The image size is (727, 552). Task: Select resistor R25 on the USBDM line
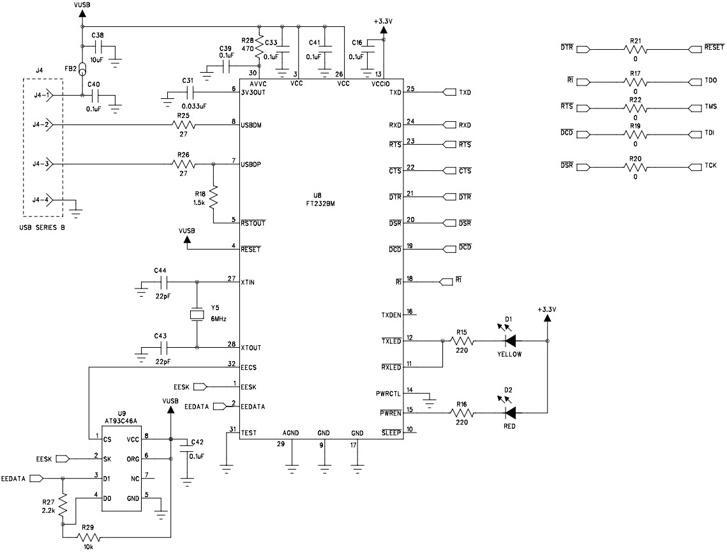(x=183, y=125)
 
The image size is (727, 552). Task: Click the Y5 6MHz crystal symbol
(x=197, y=315)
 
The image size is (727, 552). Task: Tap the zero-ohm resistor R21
(x=634, y=48)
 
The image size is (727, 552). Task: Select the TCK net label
(x=710, y=166)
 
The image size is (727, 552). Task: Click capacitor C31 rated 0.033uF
(x=189, y=93)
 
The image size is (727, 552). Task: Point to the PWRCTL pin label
(x=389, y=393)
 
